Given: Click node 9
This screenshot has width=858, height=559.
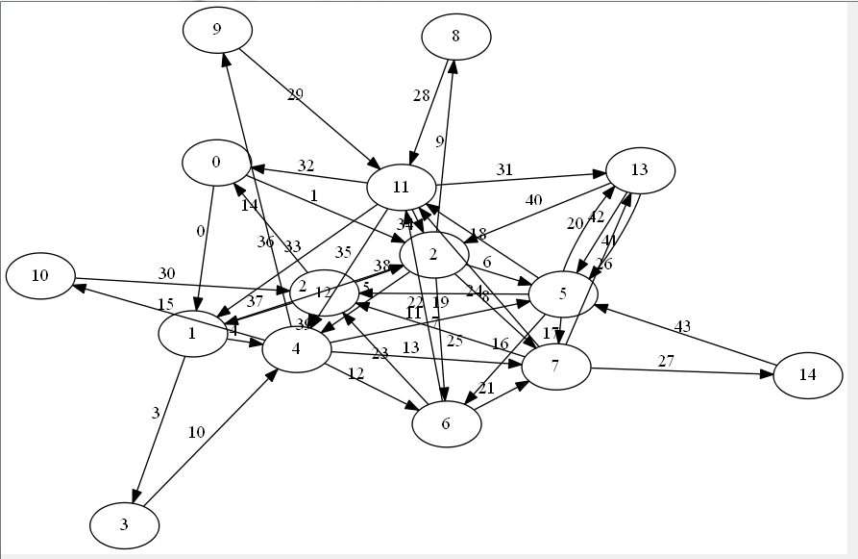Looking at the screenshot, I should point(218,30).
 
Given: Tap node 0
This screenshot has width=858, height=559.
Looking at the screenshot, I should point(217,162).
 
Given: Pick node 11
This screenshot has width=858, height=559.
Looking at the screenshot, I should point(402,186).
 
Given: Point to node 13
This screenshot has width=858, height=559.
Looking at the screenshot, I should point(640,170).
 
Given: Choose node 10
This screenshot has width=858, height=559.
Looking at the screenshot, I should point(40,276).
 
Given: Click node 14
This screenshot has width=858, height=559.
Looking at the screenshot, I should point(807,374).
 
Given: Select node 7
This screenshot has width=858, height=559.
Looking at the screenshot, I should point(555,367).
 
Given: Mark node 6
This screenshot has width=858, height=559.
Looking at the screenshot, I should point(446,423).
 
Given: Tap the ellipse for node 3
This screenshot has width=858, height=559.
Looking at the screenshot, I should point(124,524).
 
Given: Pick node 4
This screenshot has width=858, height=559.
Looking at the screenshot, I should point(297,349).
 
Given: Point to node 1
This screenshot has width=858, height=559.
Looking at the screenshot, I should point(193,333).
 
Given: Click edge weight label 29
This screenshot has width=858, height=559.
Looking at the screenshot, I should point(295,94).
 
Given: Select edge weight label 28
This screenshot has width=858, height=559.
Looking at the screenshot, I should point(421,95).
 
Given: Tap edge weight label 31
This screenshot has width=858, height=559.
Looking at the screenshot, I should point(504,169).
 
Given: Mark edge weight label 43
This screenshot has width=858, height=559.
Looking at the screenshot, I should point(682,326).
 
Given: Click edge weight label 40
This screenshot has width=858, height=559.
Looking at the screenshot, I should point(533,200).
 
